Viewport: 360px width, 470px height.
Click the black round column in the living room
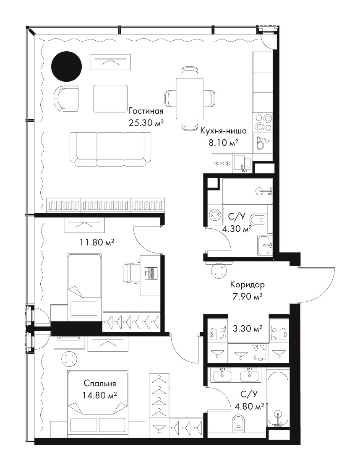(66, 66)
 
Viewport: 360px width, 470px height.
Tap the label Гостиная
(146, 111)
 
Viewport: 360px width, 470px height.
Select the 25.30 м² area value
(146, 123)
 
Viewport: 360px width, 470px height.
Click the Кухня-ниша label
(223, 131)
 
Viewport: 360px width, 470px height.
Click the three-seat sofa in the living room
(110, 149)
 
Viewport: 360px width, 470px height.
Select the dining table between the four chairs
(190, 99)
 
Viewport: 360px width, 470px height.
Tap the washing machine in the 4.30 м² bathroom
(215, 215)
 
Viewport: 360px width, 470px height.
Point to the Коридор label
(247, 284)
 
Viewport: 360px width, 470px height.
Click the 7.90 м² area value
(247, 296)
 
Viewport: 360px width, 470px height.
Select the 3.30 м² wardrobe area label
(248, 329)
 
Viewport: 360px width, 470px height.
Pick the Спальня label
(100, 384)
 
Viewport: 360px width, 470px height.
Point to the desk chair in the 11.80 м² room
(131, 273)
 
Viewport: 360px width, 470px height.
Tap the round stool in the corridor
(218, 272)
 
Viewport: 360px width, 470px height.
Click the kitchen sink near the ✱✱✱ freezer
(243, 164)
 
